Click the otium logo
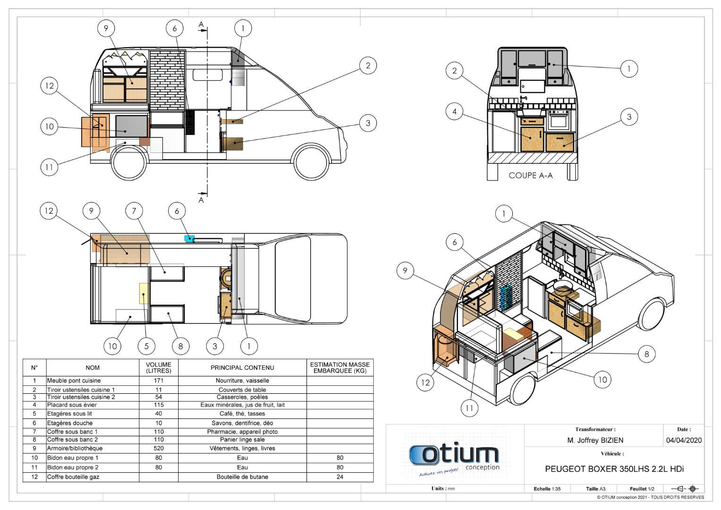454,457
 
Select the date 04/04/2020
684,440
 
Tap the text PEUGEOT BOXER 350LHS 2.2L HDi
614,469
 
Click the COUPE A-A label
530,176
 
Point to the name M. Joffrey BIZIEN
595,440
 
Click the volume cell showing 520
158,448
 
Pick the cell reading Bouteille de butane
242,477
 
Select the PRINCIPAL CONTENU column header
242,368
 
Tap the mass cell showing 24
340,477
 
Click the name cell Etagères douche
70,423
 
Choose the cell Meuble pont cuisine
74,381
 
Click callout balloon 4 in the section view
454,111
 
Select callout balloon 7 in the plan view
134,211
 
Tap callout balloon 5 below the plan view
146,346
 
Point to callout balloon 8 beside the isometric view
647,354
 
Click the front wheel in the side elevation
312,162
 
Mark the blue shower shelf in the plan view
189,238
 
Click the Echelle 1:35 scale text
547,489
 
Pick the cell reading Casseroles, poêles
242,397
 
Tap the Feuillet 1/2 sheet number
642,489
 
